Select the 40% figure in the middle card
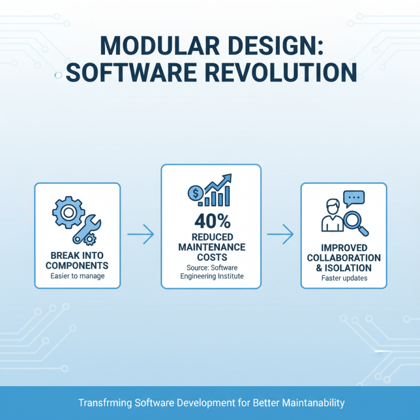point(211,219)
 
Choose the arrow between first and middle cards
point(141,235)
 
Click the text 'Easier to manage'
point(77,276)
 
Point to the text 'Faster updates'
point(344,278)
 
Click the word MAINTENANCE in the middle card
point(211,246)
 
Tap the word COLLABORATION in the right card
point(344,258)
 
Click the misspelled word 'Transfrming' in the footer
point(105,403)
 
